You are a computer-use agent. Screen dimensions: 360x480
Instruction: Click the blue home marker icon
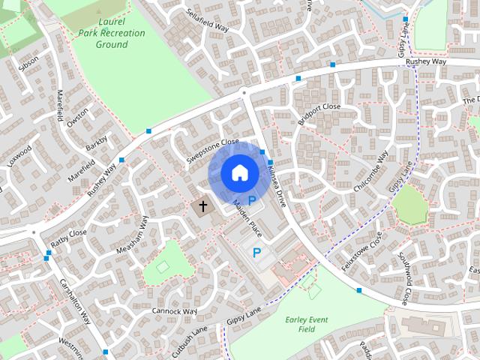[x=238, y=173]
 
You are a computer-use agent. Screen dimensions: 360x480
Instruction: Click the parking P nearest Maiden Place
[x=252, y=200]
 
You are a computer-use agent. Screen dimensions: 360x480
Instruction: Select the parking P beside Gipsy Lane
[x=257, y=253]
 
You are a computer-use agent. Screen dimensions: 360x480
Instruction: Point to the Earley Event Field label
[x=306, y=324]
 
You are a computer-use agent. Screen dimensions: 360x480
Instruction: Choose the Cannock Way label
[x=174, y=310]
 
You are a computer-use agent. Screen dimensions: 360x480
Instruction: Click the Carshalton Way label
[x=75, y=303]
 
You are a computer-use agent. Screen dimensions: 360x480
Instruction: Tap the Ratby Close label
[x=69, y=238]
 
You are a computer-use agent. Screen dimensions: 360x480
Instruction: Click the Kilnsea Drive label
[x=275, y=187]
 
